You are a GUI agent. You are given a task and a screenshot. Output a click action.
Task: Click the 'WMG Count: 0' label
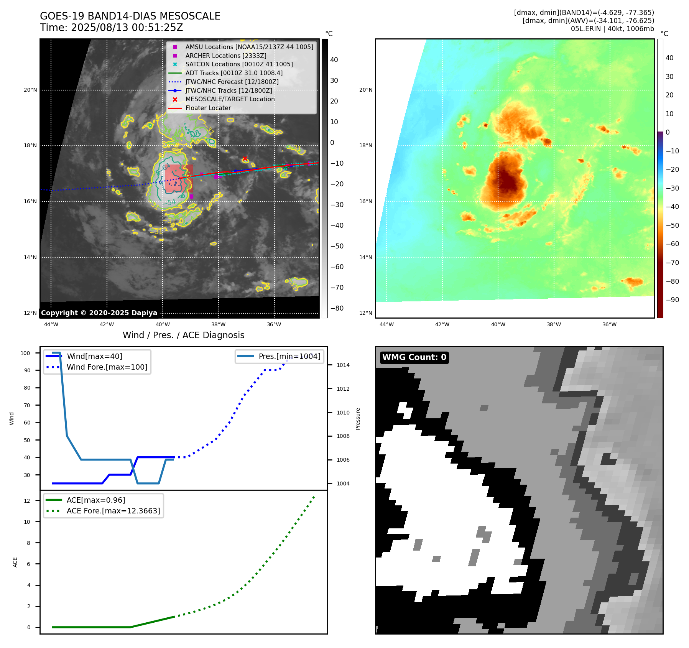tap(414, 357)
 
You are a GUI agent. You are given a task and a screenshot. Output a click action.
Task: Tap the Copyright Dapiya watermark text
tap(99, 313)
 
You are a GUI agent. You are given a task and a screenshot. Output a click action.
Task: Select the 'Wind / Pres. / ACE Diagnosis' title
tap(183, 335)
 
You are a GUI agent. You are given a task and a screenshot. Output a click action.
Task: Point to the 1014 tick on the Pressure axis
tap(343, 365)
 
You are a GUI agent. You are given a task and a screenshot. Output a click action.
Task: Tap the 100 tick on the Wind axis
tap(25, 353)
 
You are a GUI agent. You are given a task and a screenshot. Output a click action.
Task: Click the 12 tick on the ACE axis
tap(27, 501)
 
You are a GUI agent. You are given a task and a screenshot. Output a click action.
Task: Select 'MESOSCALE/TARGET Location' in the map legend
tap(230, 99)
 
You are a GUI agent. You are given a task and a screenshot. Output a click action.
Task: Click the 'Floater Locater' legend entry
tap(208, 108)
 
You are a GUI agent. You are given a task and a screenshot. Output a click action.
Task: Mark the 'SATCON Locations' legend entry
tap(239, 64)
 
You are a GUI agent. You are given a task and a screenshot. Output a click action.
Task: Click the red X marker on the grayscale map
tap(245, 158)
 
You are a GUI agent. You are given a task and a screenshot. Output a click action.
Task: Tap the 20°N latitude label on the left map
tap(30, 90)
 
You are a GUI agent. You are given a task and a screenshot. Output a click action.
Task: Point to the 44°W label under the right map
tap(386, 324)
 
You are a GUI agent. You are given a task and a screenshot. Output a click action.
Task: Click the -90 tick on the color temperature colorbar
tap(672, 300)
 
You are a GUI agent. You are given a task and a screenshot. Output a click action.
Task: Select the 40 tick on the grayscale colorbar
tap(334, 60)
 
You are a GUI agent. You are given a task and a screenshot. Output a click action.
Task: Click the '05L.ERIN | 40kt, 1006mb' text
tap(612, 29)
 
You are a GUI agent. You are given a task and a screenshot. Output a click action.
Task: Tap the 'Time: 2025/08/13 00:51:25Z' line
tap(112, 28)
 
